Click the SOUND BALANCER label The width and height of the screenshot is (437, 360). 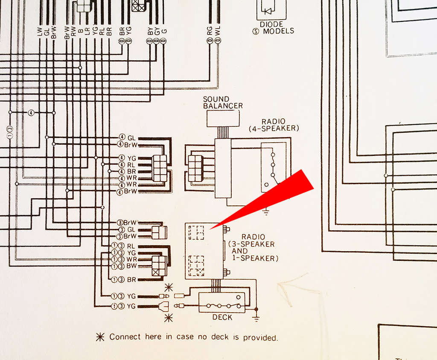[x=222, y=102]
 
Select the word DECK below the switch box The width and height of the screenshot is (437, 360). [x=222, y=317]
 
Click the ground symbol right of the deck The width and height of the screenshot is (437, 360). [x=256, y=316]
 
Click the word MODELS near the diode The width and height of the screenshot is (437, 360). [x=278, y=31]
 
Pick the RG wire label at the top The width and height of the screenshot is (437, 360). [x=210, y=30]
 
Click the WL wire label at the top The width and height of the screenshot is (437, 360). [x=218, y=30]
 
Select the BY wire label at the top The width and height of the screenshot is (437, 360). [x=150, y=30]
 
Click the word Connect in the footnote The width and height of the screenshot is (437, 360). [x=125, y=337]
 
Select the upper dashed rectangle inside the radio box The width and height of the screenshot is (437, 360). [x=197, y=233]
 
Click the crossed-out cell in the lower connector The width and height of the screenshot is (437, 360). [x=156, y=270]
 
